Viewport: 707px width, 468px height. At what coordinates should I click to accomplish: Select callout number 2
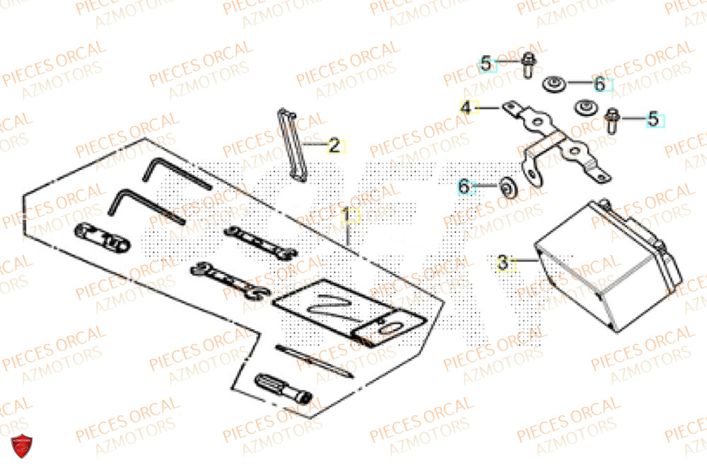(334, 147)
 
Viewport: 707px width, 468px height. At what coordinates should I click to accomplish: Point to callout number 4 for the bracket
(465, 108)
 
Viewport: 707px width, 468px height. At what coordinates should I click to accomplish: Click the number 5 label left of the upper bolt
(486, 64)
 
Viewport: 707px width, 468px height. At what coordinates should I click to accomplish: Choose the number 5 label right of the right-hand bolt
(653, 120)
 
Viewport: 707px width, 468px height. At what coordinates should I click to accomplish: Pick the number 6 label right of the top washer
(600, 85)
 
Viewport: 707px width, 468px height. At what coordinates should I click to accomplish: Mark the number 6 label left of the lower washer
(464, 187)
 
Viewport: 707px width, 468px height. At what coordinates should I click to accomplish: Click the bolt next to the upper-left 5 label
(528, 64)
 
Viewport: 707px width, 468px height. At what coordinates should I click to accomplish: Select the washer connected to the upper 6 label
(554, 86)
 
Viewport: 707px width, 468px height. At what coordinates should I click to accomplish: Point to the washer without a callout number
(585, 107)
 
